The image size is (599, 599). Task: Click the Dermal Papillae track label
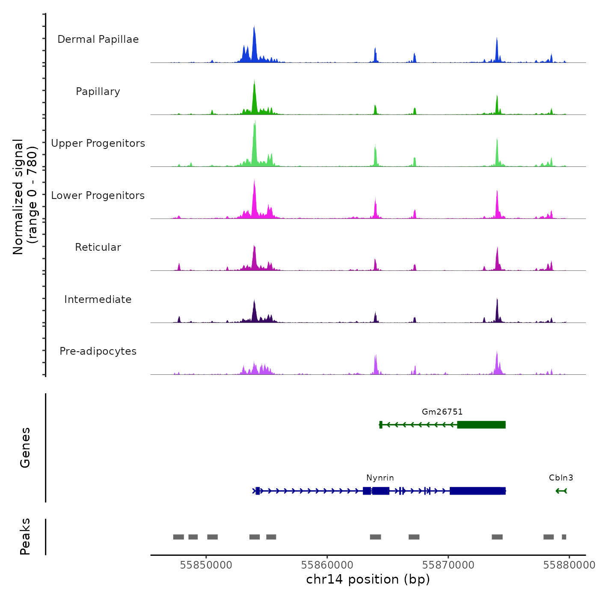click(x=98, y=39)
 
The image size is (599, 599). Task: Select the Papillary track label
click(x=98, y=92)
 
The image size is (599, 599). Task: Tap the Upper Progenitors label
click(x=98, y=143)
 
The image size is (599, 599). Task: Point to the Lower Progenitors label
click(x=98, y=196)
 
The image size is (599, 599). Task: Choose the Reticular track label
click(x=98, y=247)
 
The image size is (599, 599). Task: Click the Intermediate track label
click(x=98, y=299)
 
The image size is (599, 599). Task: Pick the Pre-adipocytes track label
click(x=98, y=351)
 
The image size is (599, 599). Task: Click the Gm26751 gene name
click(x=442, y=412)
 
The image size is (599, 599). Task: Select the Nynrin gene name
click(x=380, y=478)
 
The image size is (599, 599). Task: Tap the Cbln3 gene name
click(x=561, y=478)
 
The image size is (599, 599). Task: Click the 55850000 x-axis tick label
click(x=206, y=565)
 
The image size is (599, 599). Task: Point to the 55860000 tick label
click(x=327, y=565)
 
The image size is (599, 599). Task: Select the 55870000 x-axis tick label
click(x=448, y=565)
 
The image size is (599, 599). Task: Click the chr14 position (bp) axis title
click(x=368, y=580)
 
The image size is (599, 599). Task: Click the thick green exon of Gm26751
click(x=481, y=425)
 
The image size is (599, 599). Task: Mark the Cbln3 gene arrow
click(x=561, y=491)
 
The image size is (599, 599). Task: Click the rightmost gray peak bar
click(x=564, y=537)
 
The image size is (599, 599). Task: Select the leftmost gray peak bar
click(x=178, y=537)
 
